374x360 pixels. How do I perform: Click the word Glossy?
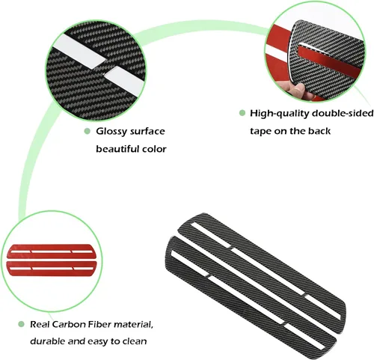(111, 132)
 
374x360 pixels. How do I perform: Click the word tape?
(260, 131)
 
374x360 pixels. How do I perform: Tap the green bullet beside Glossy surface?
(87, 131)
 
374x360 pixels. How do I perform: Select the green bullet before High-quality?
(242, 113)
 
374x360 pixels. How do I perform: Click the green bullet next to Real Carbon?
(21, 324)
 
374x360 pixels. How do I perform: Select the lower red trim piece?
(52, 268)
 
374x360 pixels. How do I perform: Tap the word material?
(132, 324)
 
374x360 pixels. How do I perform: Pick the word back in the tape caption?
(319, 131)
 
